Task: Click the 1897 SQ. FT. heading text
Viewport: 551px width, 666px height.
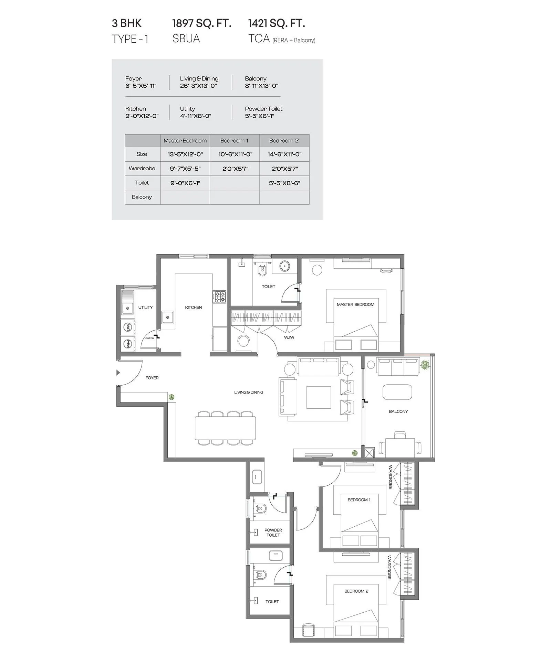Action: point(201,23)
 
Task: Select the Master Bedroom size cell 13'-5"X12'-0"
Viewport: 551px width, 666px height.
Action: point(185,154)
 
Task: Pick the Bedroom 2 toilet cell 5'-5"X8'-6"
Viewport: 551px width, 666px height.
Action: point(284,183)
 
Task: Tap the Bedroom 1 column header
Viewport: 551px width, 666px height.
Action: point(234,141)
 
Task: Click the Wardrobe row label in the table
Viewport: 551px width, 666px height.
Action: point(142,169)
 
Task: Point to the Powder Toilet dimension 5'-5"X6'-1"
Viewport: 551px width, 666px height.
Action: point(259,116)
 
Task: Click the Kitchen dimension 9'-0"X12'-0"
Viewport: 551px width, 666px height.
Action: point(142,116)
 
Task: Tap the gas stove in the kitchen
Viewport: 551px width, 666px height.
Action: point(220,297)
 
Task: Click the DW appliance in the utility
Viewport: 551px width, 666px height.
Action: point(127,327)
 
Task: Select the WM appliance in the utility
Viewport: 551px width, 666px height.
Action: point(127,344)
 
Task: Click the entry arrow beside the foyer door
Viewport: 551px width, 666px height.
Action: point(118,373)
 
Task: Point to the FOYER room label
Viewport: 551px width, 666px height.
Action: point(152,378)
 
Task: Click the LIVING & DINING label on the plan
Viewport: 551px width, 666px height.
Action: point(249,392)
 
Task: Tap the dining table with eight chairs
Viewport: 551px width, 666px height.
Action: point(225,428)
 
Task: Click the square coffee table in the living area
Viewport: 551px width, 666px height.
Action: point(319,397)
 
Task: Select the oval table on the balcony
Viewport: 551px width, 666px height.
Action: point(397,392)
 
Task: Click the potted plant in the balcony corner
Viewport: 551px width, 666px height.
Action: point(425,365)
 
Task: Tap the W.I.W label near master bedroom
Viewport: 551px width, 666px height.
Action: point(289,337)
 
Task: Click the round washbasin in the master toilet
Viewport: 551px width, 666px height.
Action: point(284,266)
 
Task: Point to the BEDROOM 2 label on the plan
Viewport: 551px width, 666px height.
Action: point(356,591)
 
